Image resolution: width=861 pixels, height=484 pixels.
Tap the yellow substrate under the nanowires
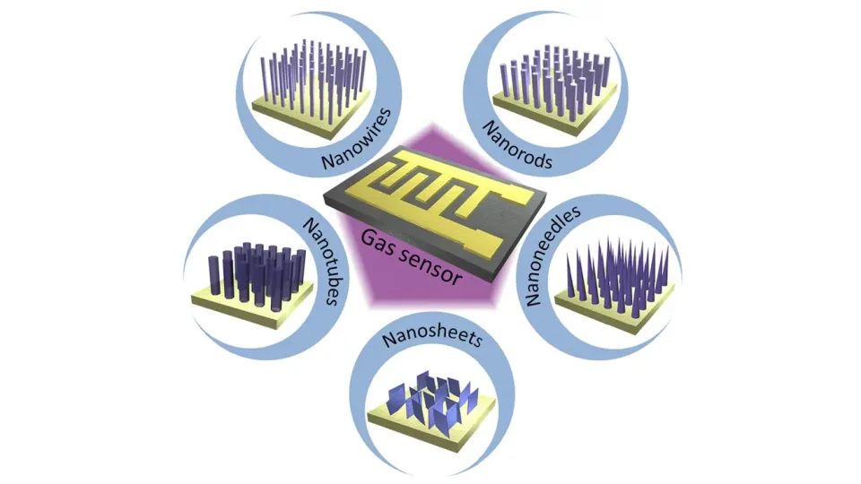[x=269, y=110]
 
